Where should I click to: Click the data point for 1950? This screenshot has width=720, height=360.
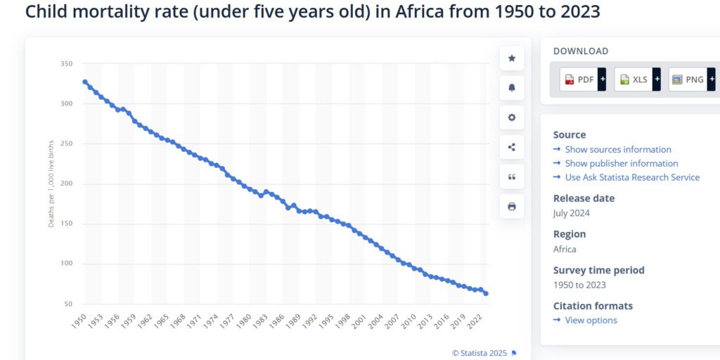[x=85, y=82]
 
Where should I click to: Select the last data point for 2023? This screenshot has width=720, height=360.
[x=486, y=293]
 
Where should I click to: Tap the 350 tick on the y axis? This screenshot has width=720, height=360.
[x=67, y=64]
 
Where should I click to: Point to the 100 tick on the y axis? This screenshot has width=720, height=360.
[x=67, y=264]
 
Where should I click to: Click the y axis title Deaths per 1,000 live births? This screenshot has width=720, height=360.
[x=51, y=183]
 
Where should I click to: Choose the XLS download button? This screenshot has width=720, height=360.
[x=637, y=79]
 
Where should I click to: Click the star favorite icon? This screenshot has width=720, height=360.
[x=512, y=58]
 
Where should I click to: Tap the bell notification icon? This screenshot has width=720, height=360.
[x=512, y=88]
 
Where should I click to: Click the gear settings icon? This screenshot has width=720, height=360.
[x=512, y=117]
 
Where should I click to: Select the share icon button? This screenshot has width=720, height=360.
[x=512, y=147]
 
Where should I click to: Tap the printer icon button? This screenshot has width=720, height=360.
[x=512, y=206]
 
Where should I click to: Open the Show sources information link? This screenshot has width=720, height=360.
[x=617, y=149]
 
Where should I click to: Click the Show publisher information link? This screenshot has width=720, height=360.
[x=621, y=163]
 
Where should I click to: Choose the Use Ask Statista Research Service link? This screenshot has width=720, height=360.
[x=631, y=177]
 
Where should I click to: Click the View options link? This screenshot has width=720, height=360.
[x=591, y=320]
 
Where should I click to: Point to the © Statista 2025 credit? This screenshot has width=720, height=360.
[x=480, y=352]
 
